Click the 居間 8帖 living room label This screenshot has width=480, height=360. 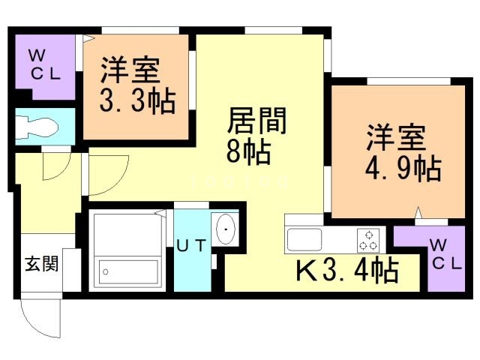(x=248, y=135)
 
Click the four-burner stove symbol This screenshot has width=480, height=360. (x=367, y=239)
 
